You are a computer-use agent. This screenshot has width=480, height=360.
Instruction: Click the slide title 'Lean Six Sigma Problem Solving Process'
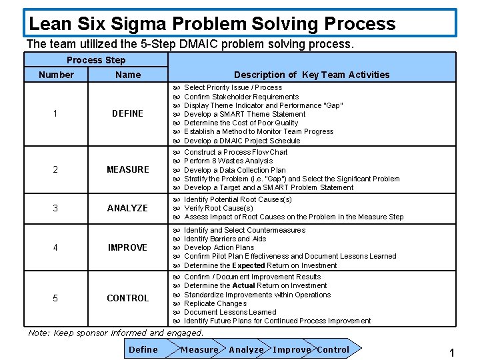(212, 24)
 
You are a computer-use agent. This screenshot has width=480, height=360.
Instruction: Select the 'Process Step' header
(96, 60)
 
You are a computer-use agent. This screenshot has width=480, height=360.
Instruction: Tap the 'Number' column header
(56, 75)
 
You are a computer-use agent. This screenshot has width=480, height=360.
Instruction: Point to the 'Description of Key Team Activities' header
(311, 75)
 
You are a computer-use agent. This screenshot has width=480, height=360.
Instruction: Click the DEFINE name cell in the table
(127, 113)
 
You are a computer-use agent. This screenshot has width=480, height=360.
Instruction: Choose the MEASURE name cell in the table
(127, 169)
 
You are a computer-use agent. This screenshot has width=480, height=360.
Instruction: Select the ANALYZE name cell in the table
(127, 208)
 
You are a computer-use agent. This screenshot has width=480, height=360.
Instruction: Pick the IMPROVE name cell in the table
(127, 247)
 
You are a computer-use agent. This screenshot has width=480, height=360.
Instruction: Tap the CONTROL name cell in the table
(127, 298)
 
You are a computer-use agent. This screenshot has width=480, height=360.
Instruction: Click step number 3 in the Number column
(55, 208)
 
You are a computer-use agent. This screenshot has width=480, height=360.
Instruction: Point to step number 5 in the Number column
(55, 298)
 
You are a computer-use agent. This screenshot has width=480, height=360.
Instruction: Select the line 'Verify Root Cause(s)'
(218, 208)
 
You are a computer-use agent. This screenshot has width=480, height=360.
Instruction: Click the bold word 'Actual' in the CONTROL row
(243, 286)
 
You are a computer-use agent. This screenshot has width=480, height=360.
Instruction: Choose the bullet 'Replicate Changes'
(215, 303)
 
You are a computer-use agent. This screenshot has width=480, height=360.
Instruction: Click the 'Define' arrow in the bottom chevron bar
(143, 349)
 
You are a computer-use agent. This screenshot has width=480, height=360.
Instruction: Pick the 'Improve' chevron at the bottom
(291, 349)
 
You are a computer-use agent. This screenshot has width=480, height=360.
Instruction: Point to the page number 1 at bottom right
(451, 353)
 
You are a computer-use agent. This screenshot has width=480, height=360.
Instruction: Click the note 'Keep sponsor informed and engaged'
(116, 333)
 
